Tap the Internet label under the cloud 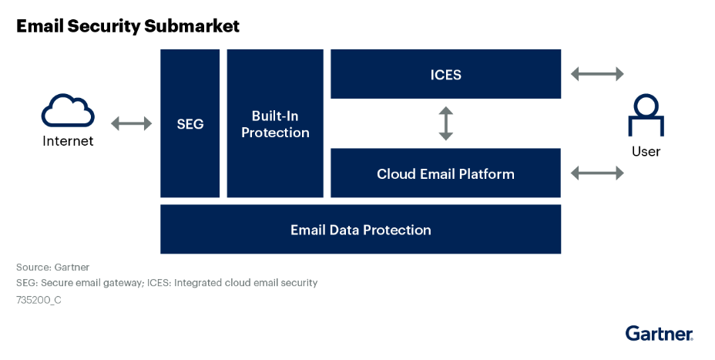click(68, 141)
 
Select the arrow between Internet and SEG click(132, 123)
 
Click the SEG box click(190, 123)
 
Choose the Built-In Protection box click(275, 123)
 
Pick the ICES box click(445, 74)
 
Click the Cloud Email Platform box click(445, 173)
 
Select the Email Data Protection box click(361, 230)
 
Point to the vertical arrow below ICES click(445, 123)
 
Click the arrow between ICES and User click(596, 74)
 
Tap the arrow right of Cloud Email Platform click(596, 173)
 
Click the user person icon click(646, 116)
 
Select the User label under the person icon click(646, 151)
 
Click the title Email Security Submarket click(128, 26)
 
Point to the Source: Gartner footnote click(52, 267)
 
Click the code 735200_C click(39, 300)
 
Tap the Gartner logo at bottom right click(659, 333)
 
